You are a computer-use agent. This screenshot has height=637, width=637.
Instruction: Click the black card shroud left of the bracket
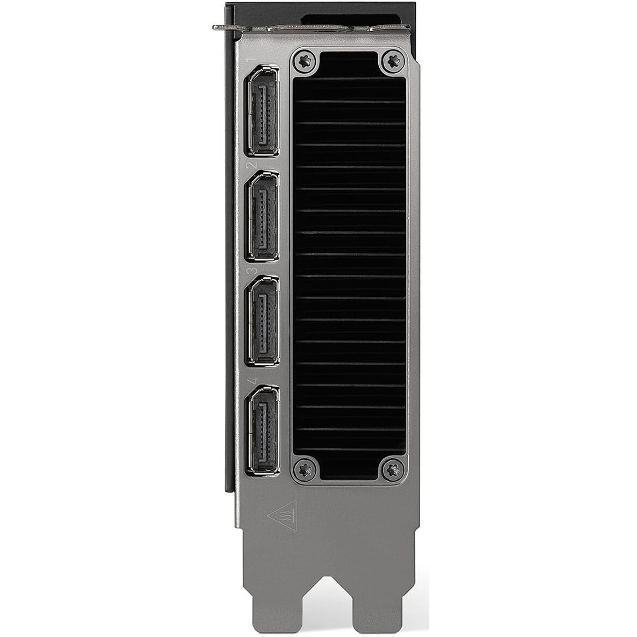click(230, 269)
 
